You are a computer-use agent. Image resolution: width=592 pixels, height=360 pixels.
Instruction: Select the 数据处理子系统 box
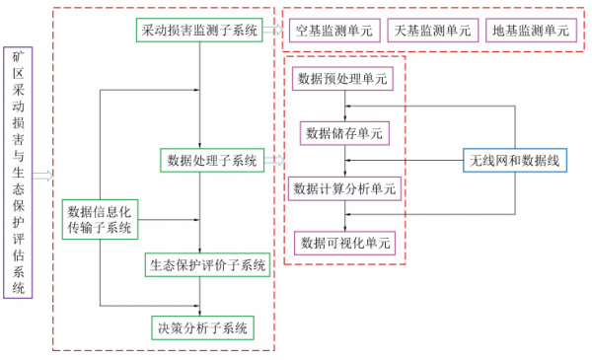coord(211,159)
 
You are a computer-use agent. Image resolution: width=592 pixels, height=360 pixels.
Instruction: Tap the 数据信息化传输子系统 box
coord(100,219)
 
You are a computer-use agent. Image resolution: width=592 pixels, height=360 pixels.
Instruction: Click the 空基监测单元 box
coord(334,31)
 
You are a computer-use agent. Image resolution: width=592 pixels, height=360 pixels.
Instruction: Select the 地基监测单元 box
coord(531,31)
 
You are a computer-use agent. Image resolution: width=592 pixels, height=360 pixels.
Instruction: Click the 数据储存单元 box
coord(344,133)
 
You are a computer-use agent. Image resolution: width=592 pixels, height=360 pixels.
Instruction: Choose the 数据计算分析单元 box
coord(344,187)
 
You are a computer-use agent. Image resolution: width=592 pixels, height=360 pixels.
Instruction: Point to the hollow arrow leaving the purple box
coord(41,176)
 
